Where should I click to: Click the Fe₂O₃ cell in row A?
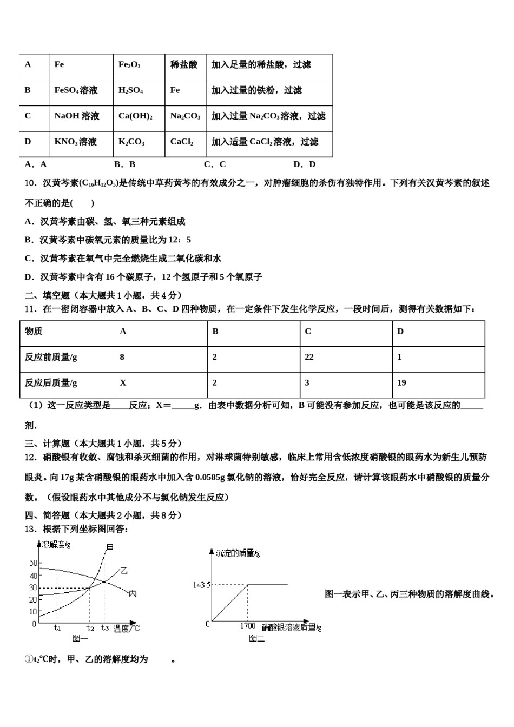coord(129,65)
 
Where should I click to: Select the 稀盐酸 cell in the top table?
coord(184,65)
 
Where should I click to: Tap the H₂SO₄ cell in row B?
coord(130,90)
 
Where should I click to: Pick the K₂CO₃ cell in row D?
coord(131,142)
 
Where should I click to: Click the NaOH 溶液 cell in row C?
coord(77,116)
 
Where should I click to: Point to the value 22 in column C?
coord(309,357)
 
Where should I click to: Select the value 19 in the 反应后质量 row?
coord(401,382)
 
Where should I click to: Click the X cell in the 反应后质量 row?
coord(123,382)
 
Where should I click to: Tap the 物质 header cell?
coord(34,331)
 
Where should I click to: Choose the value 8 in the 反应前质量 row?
coord(122,357)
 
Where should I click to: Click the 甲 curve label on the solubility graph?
coord(110,547)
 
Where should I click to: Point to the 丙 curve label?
coord(132,593)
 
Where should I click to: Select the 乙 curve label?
coord(124,571)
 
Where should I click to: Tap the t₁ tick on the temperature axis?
coord(57,628)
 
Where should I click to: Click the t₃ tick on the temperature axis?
coord(105,628)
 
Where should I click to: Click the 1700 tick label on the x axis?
coord(248,626)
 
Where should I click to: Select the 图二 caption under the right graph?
coord(256,639)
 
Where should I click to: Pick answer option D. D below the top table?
coord(304,164)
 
